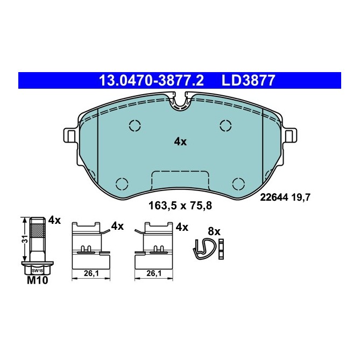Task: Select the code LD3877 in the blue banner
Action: pyautogui.click(x=249, y=81)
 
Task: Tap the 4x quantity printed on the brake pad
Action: pyautogui.click(x=180, y=142)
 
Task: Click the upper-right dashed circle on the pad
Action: pyautogui.click(x=225, y=125)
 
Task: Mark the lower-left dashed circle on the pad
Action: pyautogui.click(x=122, y=183)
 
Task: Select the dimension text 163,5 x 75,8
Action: pyautogui.click(x=180, y=204)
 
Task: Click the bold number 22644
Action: pyautogui.click(x=274, y=197)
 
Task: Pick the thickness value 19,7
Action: pyautogui.click(x=301, y=197)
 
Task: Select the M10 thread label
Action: pyautogui.click(x=36, y=281)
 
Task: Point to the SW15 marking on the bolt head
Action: pyautogui.click(x=37, y=270)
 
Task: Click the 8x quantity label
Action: pyautogui.click(x=214, y=231)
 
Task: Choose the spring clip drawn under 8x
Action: pyautogui.click(x=203, y=249)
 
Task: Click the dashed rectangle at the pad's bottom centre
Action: pyautogui.click(x=180, y=180)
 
